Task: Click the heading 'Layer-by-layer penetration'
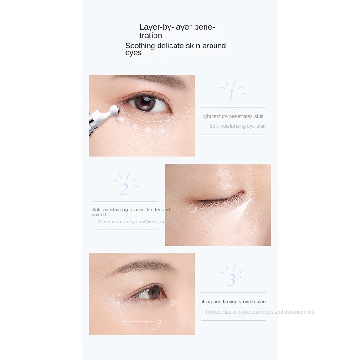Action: pyautogui.click(x=177, y=31)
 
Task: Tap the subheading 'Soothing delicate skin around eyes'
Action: pyautogui.click(x=175, y=49)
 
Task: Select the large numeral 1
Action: pyautogui.click(x=231, y=95)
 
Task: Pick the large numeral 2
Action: pyautogui.click(x=124, y=189)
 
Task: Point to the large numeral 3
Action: pyautogui.click(x=231, y=280)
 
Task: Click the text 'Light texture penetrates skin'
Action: pyautogui.click(x=232, y=116)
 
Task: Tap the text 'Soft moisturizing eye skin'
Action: pyautogui.click(x=237, y=126)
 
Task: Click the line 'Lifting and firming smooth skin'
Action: pyautogui.click(x=232, y=302)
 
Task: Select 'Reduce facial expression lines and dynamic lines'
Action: pyautogui.click(x=260, y=312)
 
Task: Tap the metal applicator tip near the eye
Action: pyautogui.click(x=114, y=109)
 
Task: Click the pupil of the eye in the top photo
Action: pyautogui.click(x=145, y=103)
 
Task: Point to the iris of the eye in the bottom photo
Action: pyautogui.click(x=145, y=293)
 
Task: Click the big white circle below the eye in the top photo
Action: pyautogui.click(x=137, y=144)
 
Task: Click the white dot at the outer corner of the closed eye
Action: pyautogui.click(x=250, y=200)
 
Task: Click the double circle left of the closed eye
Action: pyautogui.click(x=193, y=209)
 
